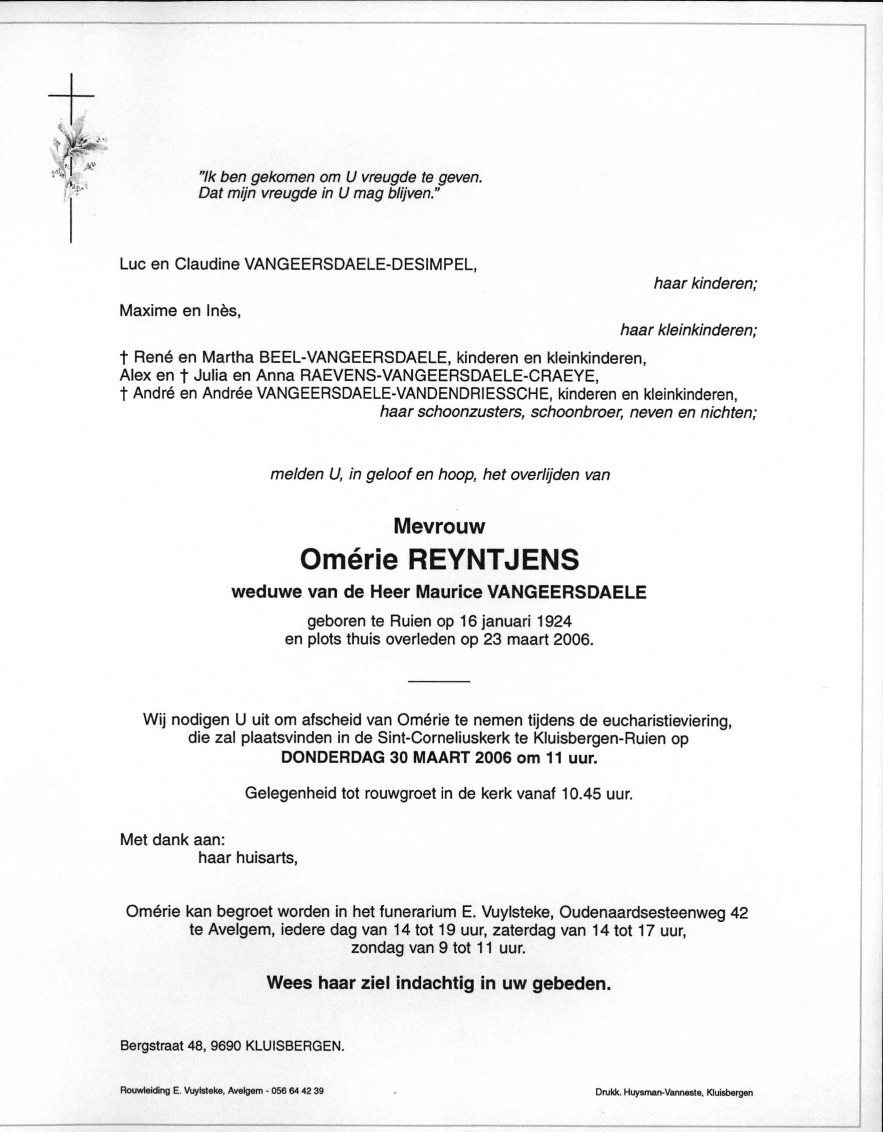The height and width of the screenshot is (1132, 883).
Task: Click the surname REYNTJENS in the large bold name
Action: pyautogui.click(x=494, y=560)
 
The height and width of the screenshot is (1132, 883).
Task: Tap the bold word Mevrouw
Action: pyautogui.click(x=439, y=527)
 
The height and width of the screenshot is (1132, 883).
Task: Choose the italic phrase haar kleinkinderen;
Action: pyautogui.click(x=689, y=330)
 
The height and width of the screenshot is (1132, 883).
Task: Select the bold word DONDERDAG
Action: pyautogui.click(x=332, y=758)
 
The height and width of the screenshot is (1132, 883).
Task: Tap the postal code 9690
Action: pyautogui.click(x=226, y=1045)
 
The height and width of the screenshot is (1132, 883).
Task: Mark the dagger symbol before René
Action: pyautogui.click(x=123, y=358)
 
